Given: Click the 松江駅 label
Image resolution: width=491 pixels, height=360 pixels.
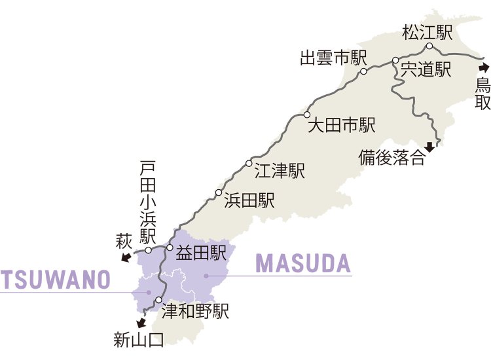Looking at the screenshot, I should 427,31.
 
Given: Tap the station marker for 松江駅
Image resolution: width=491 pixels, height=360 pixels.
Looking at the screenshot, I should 429,46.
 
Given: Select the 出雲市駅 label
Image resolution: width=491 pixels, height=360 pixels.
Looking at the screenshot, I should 333,58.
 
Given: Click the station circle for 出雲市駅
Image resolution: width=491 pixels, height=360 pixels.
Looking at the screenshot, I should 363,72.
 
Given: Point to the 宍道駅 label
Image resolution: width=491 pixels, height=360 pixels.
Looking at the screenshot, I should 426,69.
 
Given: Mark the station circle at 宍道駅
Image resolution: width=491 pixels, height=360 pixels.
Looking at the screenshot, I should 395,61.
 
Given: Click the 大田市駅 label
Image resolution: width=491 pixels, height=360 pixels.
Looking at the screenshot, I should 341,124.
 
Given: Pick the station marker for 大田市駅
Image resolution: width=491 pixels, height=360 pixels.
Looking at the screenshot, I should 306,115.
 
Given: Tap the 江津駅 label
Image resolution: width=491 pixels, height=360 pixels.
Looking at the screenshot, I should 279,171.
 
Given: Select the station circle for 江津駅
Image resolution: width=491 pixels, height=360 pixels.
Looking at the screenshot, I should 249,163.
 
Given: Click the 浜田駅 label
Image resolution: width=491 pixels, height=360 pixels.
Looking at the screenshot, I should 249,200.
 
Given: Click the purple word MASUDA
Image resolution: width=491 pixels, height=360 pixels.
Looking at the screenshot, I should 303,263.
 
